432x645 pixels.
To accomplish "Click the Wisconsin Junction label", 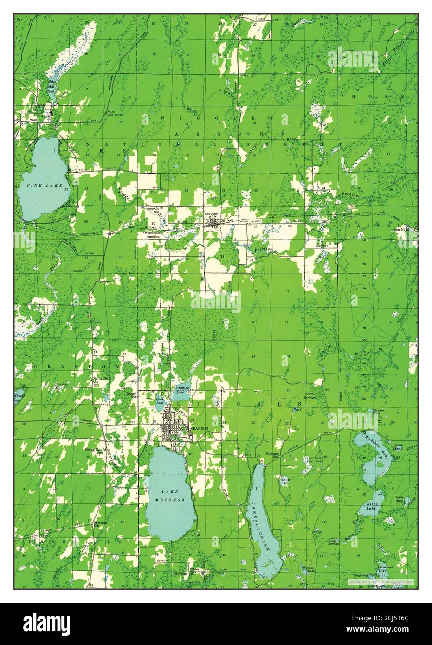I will tap(152, 234).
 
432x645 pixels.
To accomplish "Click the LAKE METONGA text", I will tap(169, 495).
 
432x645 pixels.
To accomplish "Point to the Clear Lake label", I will tap(160, 401).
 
